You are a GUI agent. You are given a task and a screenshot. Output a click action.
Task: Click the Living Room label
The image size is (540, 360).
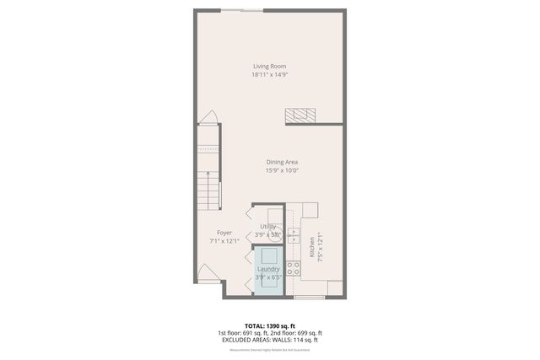click(x=270, y=66)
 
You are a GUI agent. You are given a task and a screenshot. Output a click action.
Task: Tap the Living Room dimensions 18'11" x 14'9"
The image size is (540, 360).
click(x=270, y=74)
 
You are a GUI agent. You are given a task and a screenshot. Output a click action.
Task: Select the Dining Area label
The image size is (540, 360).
click(x=282, y=162)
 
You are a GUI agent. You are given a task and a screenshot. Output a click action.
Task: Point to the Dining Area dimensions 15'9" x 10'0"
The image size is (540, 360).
click(x=282, y=170)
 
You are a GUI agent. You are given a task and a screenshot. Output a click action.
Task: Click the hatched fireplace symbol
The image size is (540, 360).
click(x=301, y=116)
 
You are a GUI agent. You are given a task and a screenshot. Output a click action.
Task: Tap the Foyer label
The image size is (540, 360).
click(x=224, y=233)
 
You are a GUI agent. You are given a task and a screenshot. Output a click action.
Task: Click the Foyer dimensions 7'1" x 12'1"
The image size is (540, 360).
click(x=224, y=241)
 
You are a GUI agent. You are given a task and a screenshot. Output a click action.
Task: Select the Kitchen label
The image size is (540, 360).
click(x=311, y=246)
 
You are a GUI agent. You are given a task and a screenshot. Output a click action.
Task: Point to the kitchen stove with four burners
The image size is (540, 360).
click(x=293, y=268)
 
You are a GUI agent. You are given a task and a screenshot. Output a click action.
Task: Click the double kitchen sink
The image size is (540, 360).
click(x=293, y=234)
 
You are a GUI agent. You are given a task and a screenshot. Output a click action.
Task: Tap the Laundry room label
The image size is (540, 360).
click(x=268, y=269)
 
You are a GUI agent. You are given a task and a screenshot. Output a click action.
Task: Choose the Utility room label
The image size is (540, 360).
click(x=268, y=226)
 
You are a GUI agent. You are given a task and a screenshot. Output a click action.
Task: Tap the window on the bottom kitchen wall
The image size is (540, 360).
click(x=309, y=298)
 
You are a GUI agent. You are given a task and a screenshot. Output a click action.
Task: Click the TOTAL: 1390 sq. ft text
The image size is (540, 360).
click(x=270, y=325)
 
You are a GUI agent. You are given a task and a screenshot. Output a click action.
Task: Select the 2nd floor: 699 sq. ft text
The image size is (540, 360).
click(x=296, y=332)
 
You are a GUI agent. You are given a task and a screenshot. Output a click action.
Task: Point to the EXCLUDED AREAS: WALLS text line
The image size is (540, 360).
click(x=270, y=339)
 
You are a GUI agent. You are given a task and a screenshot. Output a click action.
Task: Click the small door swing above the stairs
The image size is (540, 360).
click(x=210, y=117)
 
